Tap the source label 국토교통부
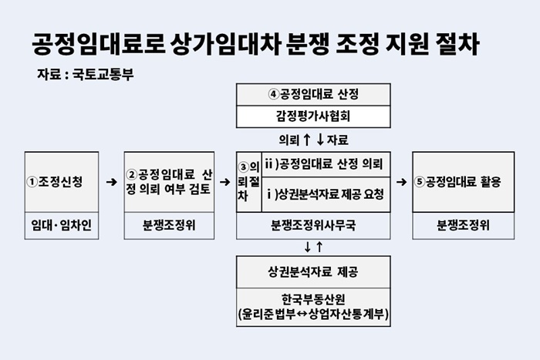(x=103, y=74)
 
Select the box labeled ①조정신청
(x=62, y=182)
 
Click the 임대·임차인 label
(x=62, y=225)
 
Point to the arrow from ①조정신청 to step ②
(x=112, y=182)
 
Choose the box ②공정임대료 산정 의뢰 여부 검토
(x=169, y=182)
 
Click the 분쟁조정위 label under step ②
(x=169, y=225)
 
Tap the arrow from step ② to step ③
(x=225, y=182)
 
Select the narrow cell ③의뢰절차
(x=249, y=182)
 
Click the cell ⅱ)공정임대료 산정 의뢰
(x=326, y=164)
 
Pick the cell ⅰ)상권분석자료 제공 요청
(x=326, y=195)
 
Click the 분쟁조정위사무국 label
(x=313, y=225)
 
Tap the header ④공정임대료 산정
(x=313, y=94)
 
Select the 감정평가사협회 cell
(x=313, y=116)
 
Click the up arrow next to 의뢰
(x=306, y=140)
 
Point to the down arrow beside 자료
(x=320, y=140)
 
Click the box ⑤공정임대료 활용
(x=463, y=182)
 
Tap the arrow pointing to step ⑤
(x=402, y=182)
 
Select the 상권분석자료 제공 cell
(x=313, y=272)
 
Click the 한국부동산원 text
(x=313, y=299)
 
